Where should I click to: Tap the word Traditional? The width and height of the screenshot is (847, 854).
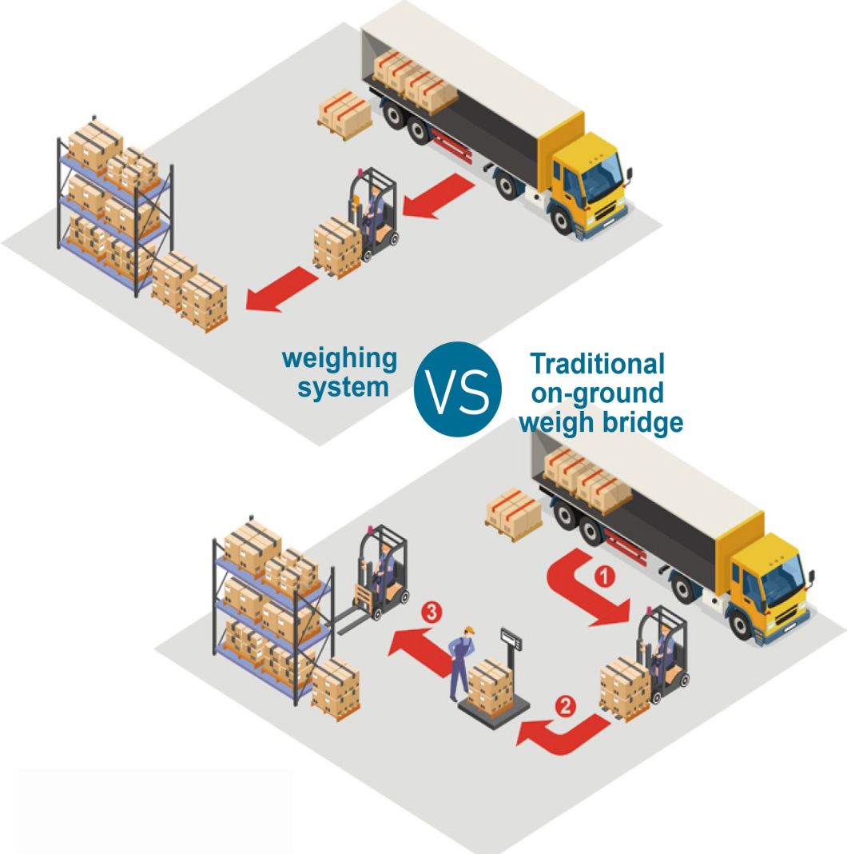[x=598, y=364]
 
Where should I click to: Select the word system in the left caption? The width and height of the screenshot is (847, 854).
[x=348, y=387]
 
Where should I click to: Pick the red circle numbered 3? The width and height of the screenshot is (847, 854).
[x=431, y=613]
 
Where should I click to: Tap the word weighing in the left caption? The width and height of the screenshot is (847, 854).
[x=339, y=359]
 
